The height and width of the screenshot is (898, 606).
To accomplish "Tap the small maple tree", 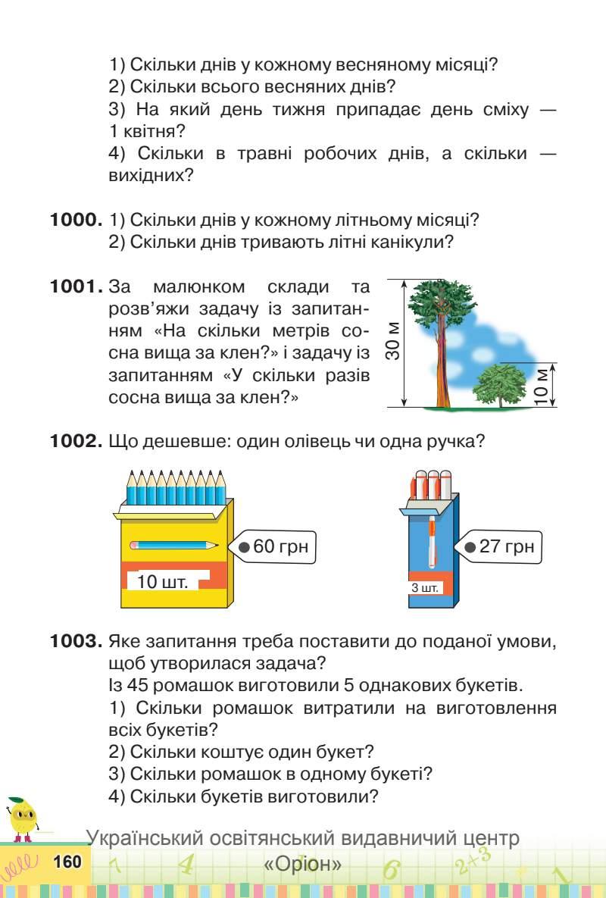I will (500, 383).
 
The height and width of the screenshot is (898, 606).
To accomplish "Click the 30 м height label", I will (392, 341).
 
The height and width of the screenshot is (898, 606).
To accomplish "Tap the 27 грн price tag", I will (500, 546).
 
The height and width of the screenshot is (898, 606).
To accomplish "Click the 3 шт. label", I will (424, 588).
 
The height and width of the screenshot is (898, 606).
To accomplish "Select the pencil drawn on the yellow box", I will (173, 544).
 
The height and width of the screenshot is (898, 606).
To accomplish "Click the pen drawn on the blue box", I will (432, 540).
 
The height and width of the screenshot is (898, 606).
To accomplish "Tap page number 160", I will (67, 862).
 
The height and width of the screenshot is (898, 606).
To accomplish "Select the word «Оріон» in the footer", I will (303, 865).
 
